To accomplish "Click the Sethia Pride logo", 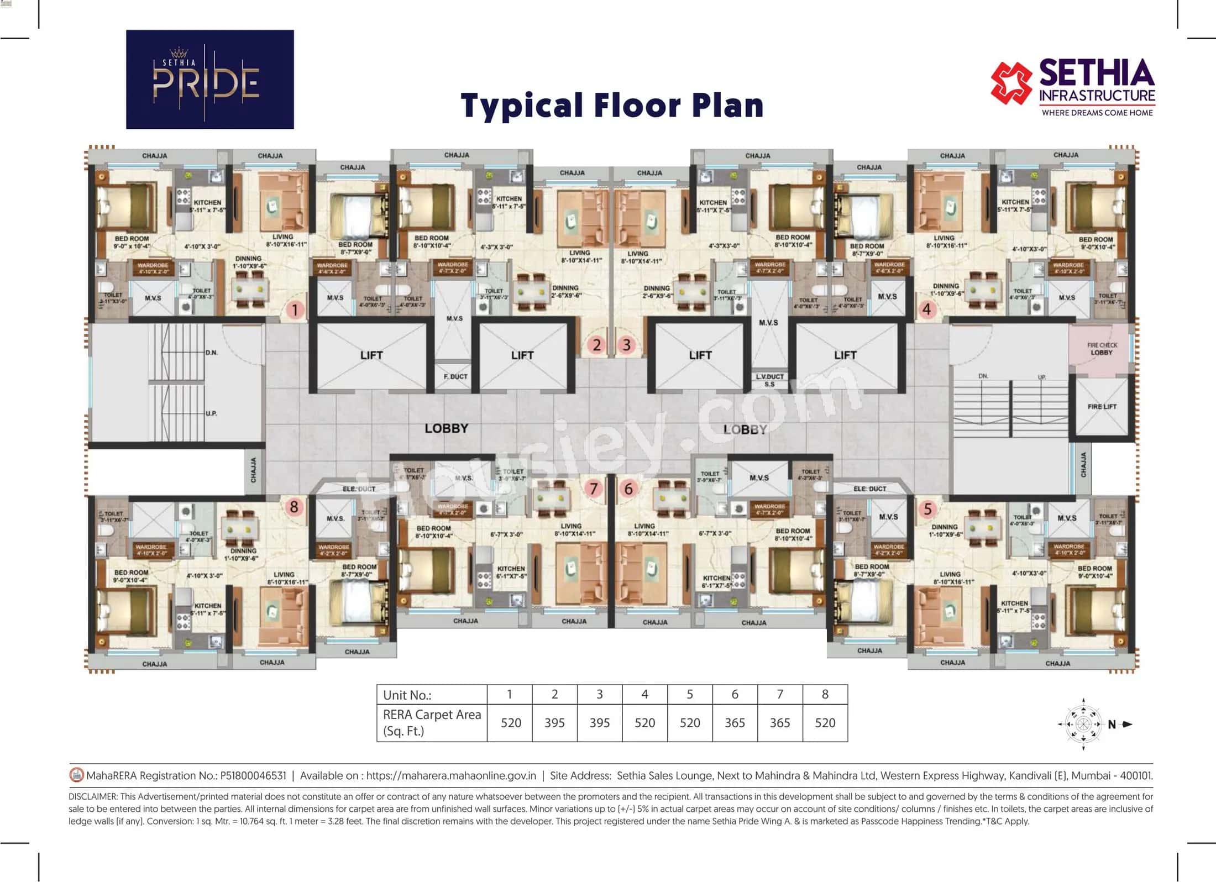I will pyautogui.click(x=209, y=80).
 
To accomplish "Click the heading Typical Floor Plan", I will pyautogui.click(x=612, y=106).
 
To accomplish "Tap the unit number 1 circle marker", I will pyautogui.click(x=295, y=310).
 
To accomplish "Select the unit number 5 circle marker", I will pyautogui.click(x=927, y=509).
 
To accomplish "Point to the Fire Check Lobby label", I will pyautogui.click(x=1102, y=349).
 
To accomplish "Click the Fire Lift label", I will pyautogui.click(x=1102, y=406).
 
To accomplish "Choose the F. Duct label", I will pyautogui.click(x=455, y=376).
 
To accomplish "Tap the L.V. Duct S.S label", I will pyautogui.click(x=769, y=380).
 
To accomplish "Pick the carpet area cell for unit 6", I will pyautogui.click(x=735, y=723).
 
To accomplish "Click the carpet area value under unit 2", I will pyautogui.click(x=554, y=723).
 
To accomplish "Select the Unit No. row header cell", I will pyautogui.click(x=432, y=695).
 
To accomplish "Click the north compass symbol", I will pyautogui.click(x=1083, y=724).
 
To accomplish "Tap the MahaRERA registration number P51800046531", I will pyautogui.click(x=253, y=775).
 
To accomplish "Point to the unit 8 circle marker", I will pyautogui.click(x=294, y=506).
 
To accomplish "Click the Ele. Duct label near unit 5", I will pyautogui.click(x=869, y=489).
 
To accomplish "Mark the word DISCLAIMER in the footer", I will pyautogui.click(x=93, y=796).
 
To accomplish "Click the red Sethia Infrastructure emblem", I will pyautogui.click(x=1011, y=83).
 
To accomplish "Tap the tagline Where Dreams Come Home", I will pyautogui.click(x=1097, y=113).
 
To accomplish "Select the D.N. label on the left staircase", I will pyautogui.click(x=211, y=353).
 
